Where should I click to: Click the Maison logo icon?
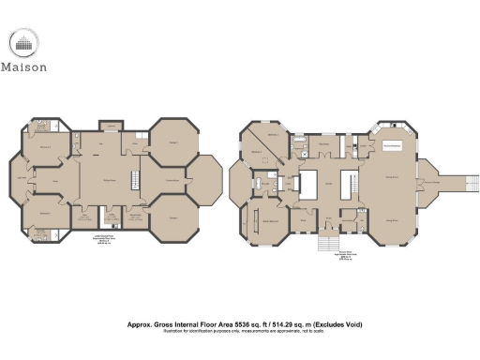coord(25,43)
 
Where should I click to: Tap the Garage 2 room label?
coord(172,141)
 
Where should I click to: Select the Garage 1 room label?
coord(172,217)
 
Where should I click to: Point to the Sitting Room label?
coord(109,179)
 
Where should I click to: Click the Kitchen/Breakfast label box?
coord(391,147)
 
